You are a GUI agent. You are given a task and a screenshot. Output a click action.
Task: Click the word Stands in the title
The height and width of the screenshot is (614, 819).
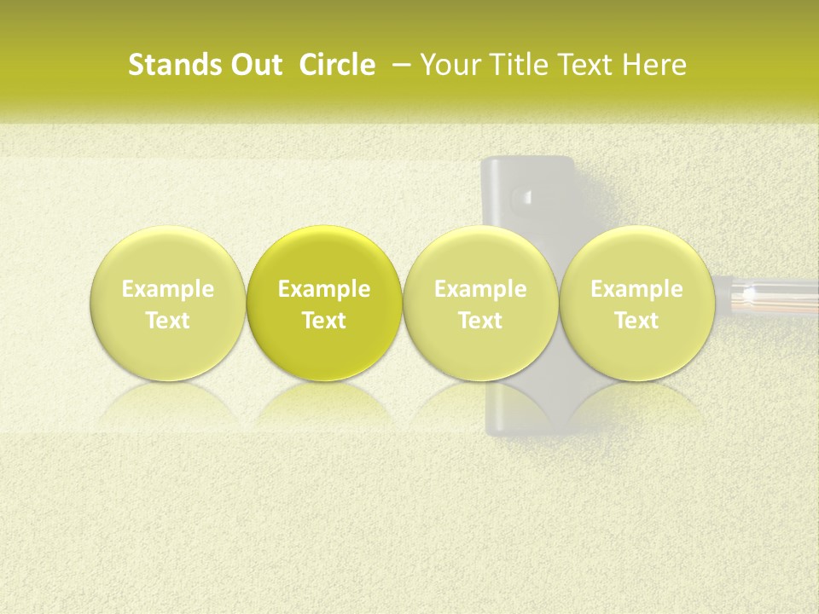(x=166, y=65)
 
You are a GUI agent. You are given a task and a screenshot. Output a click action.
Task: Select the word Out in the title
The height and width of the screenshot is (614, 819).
(x=248, y=65)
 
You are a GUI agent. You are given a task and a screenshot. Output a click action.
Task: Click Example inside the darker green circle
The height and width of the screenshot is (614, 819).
(x=324, y=289)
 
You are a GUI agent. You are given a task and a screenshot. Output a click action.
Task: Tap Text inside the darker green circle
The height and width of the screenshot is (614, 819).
(x=324, y=321)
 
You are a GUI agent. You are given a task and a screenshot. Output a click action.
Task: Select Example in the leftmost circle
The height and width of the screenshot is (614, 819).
(x=168, y=289)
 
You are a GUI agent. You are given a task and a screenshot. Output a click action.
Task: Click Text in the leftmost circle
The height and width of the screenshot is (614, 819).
(x=168, y=321)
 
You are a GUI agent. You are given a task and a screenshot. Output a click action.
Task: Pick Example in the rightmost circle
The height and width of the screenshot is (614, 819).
(x=636, y=289)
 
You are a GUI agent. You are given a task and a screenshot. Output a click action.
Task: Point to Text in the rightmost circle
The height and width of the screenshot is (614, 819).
(x=636, y=321)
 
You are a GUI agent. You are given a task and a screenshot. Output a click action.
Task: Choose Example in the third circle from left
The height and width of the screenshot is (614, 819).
(x=480, y=289)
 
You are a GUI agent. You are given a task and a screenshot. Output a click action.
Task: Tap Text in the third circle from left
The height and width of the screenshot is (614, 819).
(x=480, y=321)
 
